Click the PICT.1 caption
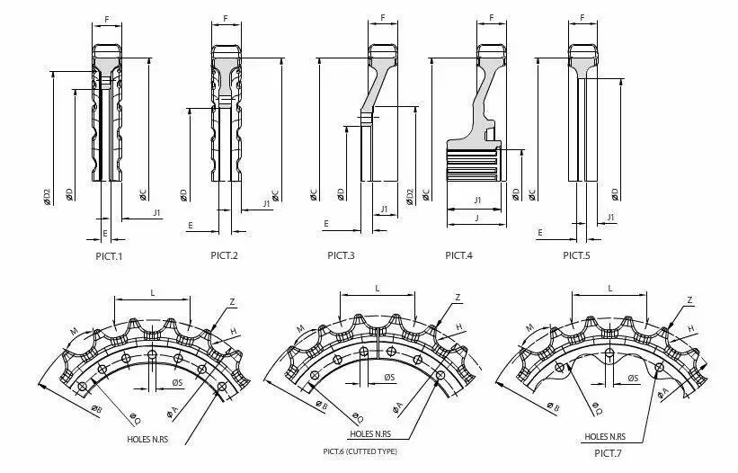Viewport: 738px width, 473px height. [x=109, y=255]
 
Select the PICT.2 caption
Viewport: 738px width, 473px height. [x=224, y=255]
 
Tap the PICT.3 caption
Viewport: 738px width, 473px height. [x=341, y=255]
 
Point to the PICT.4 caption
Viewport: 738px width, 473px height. [x=458, y=255]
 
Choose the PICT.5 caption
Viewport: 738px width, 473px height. [x=576, y=255]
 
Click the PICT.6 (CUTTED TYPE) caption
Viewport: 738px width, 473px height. [x=360, y=451]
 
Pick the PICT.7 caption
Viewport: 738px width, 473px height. [x=609, y=451]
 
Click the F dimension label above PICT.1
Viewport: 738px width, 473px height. [x=108, y=17]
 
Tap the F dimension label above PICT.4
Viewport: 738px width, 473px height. [x=492, y=17]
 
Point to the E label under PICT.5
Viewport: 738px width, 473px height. [x=540, y=232]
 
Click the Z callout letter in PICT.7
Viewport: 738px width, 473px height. [x=689, y=299]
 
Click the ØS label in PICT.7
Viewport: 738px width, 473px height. [x=633, y=378]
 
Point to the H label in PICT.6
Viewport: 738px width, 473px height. [x=458, y=326]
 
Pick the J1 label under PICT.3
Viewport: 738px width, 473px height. [x=384, y=209]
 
